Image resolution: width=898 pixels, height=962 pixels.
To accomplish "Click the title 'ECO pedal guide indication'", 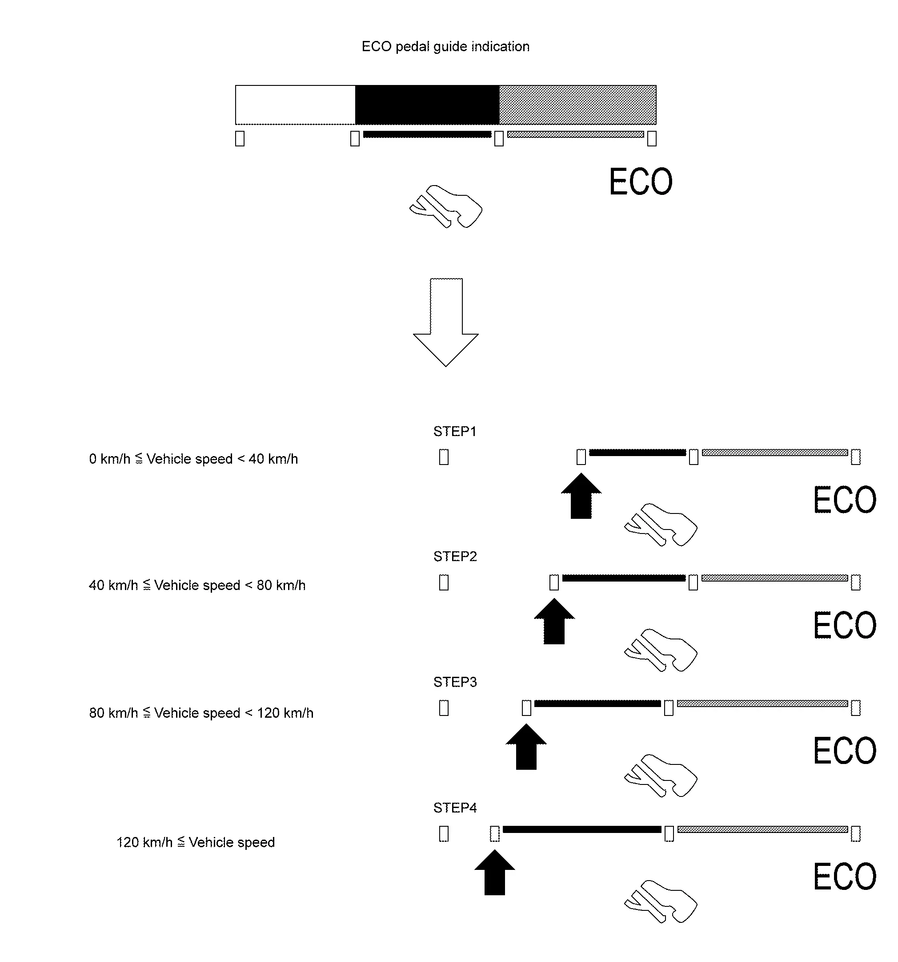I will click(x=445, y=46).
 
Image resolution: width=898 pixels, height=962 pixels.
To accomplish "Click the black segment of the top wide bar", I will click(x=427, y=105).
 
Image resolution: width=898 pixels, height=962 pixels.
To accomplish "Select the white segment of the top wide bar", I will click(x=296, y=105).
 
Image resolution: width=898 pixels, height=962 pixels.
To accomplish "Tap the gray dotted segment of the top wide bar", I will click(x=577, y=105).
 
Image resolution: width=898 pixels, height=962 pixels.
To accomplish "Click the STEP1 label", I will click(x=455, y=431).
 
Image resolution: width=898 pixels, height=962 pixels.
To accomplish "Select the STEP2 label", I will click(x=455, y=557).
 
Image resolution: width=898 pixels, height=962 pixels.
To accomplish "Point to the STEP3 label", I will click(x=455, y=682).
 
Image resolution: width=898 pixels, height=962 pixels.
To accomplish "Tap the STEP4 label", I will click(x=455, y=808).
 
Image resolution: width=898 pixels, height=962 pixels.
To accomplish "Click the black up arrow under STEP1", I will click(x=581, y=496).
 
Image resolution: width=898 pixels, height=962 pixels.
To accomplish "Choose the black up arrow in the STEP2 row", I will click(x=554, y=621).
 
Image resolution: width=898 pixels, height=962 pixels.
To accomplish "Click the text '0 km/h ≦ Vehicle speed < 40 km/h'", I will click(x=193, y=459).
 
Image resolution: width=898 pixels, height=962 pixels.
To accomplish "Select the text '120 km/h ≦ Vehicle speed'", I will click(x=195, y=842).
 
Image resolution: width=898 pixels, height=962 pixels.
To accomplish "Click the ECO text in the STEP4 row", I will click(x=844, y=877).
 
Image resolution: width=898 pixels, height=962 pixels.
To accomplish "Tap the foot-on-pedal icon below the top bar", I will click(x=446, y=206).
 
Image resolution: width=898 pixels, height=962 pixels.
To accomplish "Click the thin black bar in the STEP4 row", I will click(x=582, y=829).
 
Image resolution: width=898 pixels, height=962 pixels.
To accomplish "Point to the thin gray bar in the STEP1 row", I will click(x=774, y=453).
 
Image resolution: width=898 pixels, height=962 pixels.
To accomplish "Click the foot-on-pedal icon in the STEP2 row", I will click(x=661, y=650).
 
